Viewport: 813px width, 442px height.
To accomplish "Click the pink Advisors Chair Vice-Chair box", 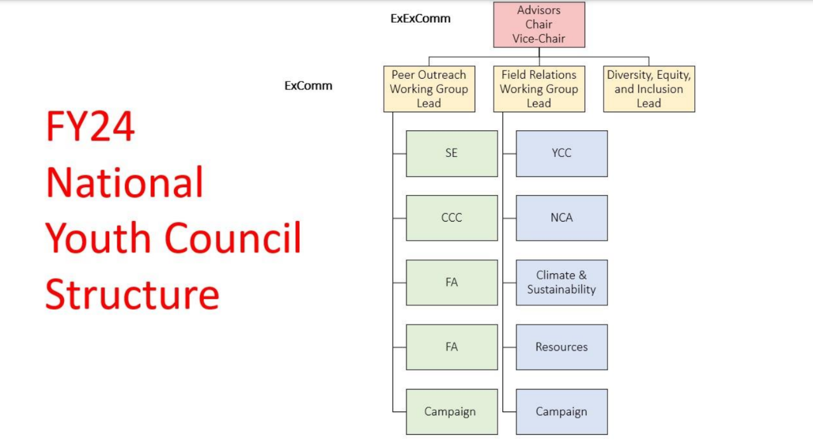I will pos(539,25).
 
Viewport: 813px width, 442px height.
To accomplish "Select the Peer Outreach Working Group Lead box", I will pos(429,89).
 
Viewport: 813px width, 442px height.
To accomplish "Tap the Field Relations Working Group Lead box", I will pos(539,89).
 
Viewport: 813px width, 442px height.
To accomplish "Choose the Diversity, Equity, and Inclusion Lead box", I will pos(648,89).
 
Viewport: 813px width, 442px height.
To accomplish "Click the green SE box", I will pos(452,154).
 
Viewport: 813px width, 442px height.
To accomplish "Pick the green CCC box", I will pos(452,218).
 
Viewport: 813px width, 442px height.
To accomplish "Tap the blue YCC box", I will pos(561,154).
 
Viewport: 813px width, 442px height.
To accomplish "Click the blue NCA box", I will pos(561,218).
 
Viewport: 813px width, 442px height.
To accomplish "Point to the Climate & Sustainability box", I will pos(561,283).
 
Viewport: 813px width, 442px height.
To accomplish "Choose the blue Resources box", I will pos(561,347).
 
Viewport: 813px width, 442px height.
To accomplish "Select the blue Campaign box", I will pos(561,412).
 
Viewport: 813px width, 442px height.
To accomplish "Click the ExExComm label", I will pos(420,19).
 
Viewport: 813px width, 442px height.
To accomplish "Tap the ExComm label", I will pos(308,86).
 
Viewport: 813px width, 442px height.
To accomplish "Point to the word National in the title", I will pos(124,182).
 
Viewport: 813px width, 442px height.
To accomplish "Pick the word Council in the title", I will pos(233,238).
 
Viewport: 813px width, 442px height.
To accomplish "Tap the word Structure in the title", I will pos(132,294).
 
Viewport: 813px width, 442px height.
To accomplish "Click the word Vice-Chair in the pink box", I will pos(539,39).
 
